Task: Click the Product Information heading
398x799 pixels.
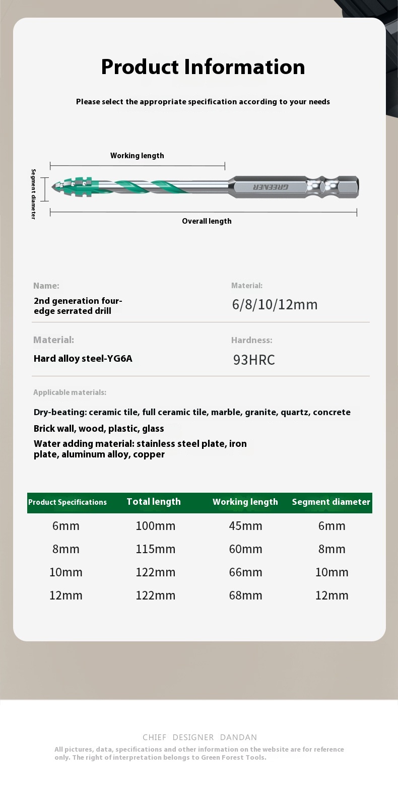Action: (x=203, y=67)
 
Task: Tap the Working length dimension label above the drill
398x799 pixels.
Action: (x=137, y=156)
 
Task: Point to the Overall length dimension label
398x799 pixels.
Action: (x=207, y=221)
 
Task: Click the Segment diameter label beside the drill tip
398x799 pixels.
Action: (x=34, y=194)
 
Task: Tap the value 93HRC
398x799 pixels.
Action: (x=254, y=360)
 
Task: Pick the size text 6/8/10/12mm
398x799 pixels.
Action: (x=275, y=305)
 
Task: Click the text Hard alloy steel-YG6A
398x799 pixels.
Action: (x=83, y=359)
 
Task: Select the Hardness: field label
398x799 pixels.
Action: (x=251, y=340)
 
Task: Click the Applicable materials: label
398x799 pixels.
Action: (x=70, y=392)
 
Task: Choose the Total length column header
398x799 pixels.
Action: (x=154, y=502)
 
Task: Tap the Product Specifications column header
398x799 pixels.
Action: (x=68, y=502)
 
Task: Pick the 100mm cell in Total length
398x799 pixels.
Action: (x=155, y=526)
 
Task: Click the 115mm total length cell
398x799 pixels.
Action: (x=155, y=549)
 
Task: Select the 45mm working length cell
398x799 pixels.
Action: (x=245, y=526)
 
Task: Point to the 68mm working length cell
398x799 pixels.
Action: (x=245, y=595)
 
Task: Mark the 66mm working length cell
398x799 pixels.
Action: (x=245, y=572)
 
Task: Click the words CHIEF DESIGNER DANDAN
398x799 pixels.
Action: (x=200, y=737)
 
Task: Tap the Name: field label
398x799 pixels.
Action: (x=46, y=286)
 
